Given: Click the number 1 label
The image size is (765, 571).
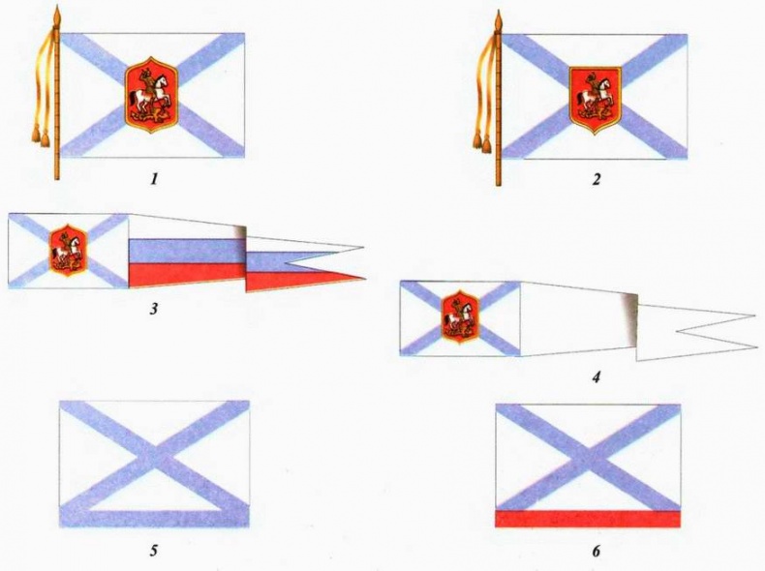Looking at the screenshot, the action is click(154, 180).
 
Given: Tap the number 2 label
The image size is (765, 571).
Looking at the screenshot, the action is click(597, 180).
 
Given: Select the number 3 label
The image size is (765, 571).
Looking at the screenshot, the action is click(154, 309).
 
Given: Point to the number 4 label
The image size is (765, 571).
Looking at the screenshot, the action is click(597, 376).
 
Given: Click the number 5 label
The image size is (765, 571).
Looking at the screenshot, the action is click(154, 551).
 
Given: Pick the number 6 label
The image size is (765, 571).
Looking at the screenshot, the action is click(597, 551).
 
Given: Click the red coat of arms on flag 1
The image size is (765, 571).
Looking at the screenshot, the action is click(152, 95).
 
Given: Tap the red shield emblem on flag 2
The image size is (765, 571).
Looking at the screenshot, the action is click(596, 101).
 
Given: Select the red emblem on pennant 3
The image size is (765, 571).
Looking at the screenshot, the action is click(69, 250).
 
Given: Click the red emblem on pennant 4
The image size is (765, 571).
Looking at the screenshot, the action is click(460, 317).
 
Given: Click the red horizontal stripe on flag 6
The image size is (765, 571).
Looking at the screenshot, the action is click(588, 519).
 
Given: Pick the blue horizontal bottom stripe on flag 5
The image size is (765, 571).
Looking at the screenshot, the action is click(154, 519).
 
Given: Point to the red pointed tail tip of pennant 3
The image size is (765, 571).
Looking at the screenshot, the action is click(365, 279).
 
